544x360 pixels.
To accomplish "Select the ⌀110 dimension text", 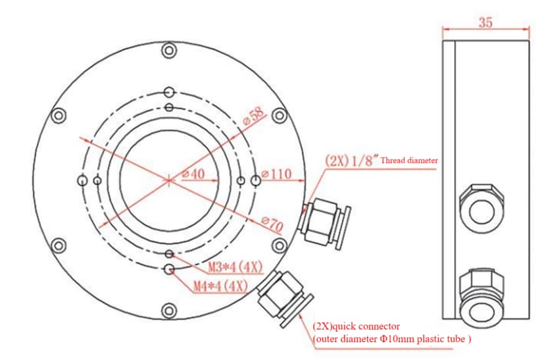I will pyautogui.click(x=276, y=174).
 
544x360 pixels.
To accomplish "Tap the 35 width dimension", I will pyautogui.click(x=485, y=22).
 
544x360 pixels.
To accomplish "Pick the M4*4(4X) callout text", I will pyautogui.click(x=220, y=286).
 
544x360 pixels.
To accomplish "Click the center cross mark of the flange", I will pyautogui.click(x=169, y=179).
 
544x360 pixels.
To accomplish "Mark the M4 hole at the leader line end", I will pyautogui.click(x=170, y=269).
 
